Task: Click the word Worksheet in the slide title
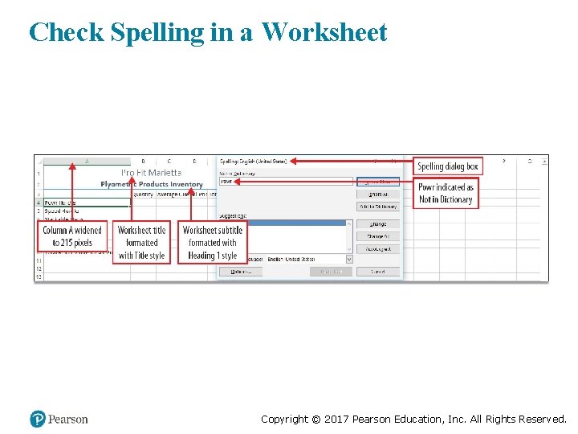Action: coord(324,33)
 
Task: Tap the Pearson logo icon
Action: coord(37,419)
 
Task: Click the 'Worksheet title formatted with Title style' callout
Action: coord(141,242)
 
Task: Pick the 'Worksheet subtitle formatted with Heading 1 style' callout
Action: coord(212,242)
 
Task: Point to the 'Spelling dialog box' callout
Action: coord(448,166)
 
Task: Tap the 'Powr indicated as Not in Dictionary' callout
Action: coord(446,193)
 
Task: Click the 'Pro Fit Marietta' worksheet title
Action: coord(151,172)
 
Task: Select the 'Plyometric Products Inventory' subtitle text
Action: coord(152,184)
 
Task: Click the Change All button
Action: coord(377,236)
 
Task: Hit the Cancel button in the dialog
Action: coord(377,272)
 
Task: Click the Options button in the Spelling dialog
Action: coord(241,272)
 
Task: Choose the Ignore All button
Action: coord(377,194)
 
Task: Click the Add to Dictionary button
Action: coord(377,207)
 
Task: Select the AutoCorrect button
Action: coord(377,249)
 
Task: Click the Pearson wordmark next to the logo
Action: coord(68,419)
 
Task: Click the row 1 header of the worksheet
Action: coord(38,173)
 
